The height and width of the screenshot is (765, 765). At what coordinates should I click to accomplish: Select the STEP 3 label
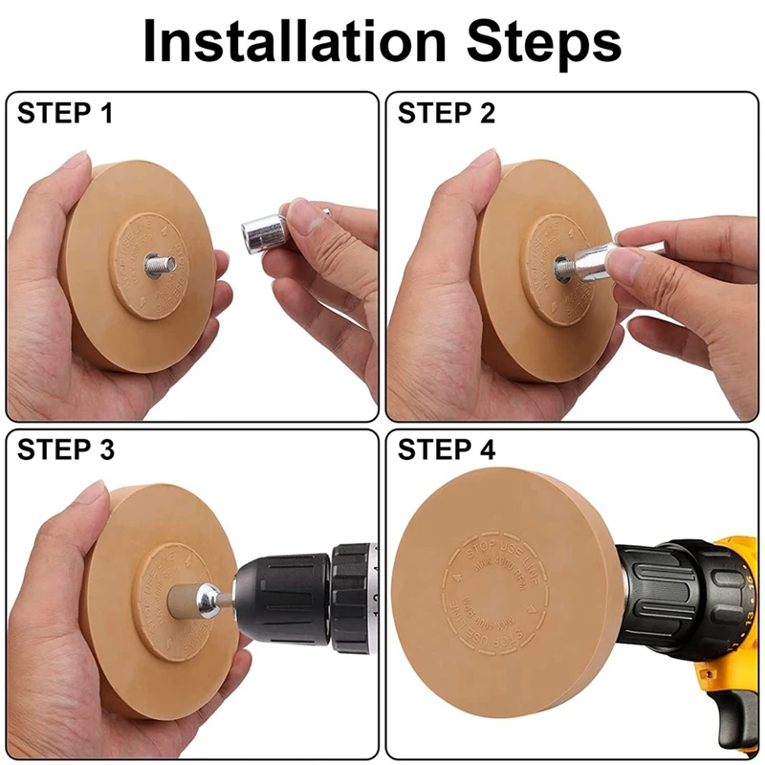64,449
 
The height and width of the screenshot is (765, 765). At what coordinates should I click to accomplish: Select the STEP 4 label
447,449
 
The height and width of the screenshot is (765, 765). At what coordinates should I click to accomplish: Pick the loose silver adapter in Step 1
262,230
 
